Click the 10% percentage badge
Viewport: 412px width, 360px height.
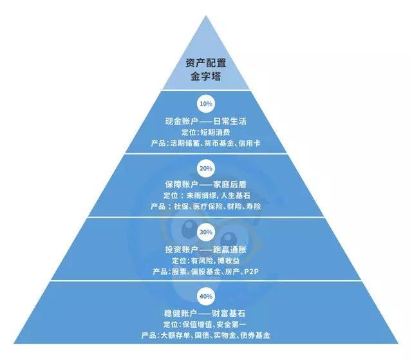206,103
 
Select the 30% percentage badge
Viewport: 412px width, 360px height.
206,232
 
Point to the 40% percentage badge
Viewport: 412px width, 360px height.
206,296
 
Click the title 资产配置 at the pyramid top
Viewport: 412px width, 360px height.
206,62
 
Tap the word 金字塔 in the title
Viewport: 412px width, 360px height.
206,77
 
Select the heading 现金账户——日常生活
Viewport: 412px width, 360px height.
206,120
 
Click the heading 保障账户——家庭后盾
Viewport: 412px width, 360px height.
206,184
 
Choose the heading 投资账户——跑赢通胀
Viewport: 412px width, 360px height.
206,249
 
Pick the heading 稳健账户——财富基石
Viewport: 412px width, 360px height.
206,312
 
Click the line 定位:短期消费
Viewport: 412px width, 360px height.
206,132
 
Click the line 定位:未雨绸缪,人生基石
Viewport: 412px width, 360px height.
206,195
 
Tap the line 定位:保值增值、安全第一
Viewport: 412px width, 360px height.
206,324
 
